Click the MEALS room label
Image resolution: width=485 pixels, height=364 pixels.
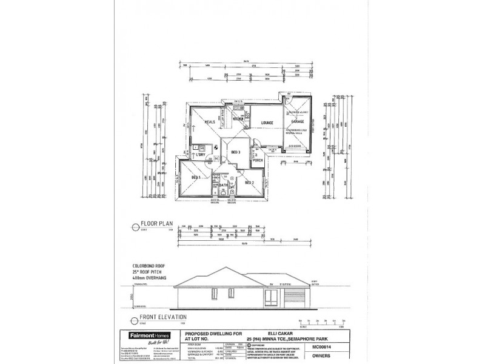pyautogui.click(x=210, y=121)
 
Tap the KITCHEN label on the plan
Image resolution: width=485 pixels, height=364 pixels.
pyautogui.click(x=238, y=119)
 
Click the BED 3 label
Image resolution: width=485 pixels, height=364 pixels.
pyautogui.click(x=236, y=152)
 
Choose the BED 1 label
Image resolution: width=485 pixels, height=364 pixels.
pyautogui.click(x=196, y=177)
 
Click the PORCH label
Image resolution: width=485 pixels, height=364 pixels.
pyautogui.click(x=257, y=161)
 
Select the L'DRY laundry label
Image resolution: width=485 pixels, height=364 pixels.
pyautogui.click(x=202, y=155)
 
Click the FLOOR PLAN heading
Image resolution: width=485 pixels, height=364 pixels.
pyautogui.click(x=157, y=224)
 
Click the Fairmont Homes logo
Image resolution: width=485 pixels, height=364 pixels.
pyautogui.click(x=147, y=335)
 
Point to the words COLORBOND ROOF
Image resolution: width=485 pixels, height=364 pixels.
pyautogui.click(x=150, y=266)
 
